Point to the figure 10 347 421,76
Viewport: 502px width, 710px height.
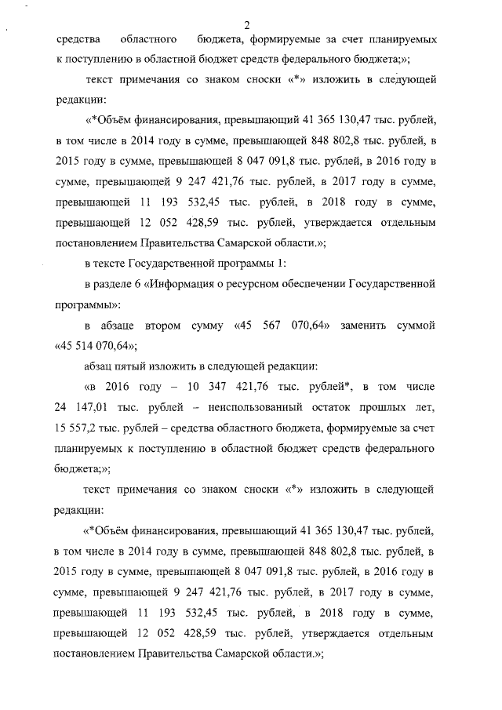230,387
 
